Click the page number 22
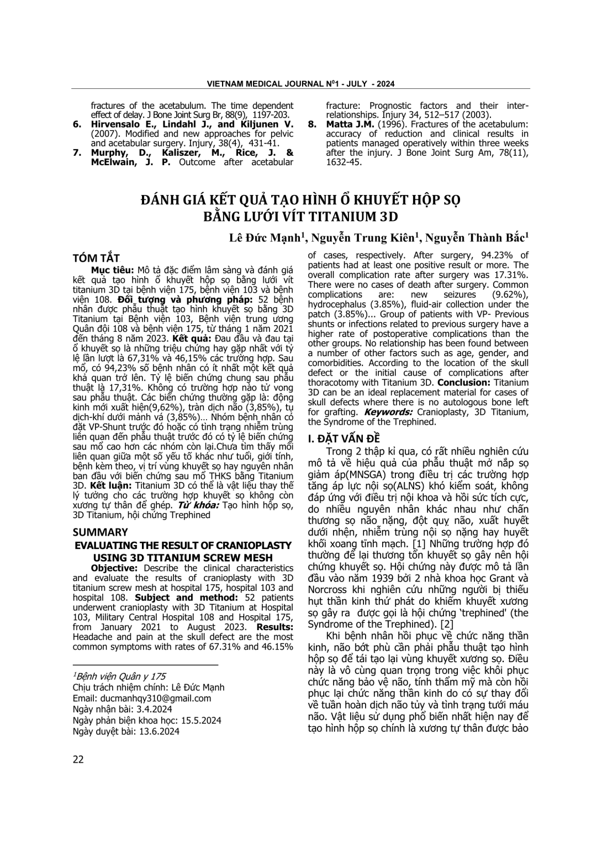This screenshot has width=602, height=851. (78, 759)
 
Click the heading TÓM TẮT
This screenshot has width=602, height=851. (96, 258)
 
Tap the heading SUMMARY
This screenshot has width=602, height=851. (101, 532)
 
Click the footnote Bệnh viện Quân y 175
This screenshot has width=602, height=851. (119, 676)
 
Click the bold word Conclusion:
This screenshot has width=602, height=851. (463, 382)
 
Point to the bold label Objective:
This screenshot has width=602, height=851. (114, 568)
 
